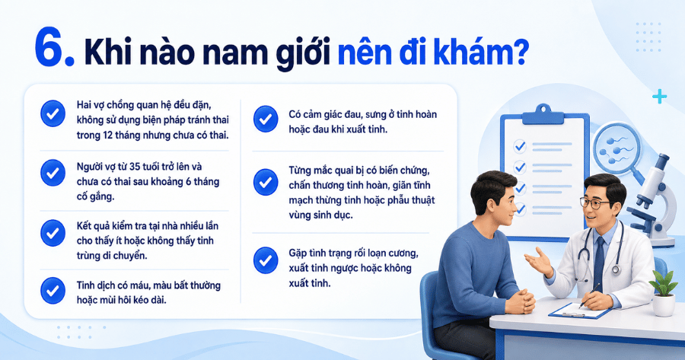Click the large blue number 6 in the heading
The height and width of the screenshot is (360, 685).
point(49,47)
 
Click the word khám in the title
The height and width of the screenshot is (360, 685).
point(467,51)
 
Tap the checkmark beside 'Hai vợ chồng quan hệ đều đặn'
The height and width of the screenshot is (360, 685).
point(53,114)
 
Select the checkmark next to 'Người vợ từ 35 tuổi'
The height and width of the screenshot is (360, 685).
point(53,173)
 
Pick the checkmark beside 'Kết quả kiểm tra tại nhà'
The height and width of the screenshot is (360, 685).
point(53,232)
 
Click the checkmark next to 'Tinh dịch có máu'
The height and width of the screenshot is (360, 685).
point(53,291)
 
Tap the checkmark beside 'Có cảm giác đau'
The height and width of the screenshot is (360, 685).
point(266,119)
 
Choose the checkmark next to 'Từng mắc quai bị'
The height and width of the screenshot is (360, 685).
point(266,182)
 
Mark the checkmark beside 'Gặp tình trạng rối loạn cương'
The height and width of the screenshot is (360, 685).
point(266,260)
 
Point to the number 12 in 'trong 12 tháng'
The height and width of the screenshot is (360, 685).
point(107,135)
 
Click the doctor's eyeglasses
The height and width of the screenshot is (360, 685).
point(596,203)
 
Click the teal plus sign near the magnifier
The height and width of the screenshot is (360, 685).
point(659,97)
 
